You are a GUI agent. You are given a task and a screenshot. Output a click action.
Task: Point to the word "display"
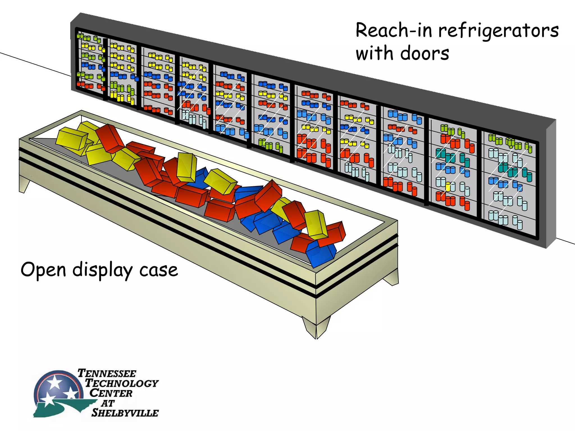pyautogui.click(x=102, y=270)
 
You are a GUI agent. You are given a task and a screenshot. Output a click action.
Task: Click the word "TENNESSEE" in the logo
pyautogui.click(x=107, y=373)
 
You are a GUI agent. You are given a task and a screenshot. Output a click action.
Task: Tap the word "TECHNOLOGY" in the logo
pyautogui.click(x=122, y=383)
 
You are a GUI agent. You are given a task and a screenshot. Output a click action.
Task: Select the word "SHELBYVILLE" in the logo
pyautogui.click(x=125, y=413)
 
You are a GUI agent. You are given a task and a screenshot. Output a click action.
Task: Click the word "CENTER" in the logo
pyautogui.click(x=111, y=393)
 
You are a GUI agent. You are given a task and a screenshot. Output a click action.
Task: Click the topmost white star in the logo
pyautogui.click(x=54, y=382)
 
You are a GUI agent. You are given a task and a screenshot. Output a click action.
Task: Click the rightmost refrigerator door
pyautogui.click(x=509, y=185)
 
